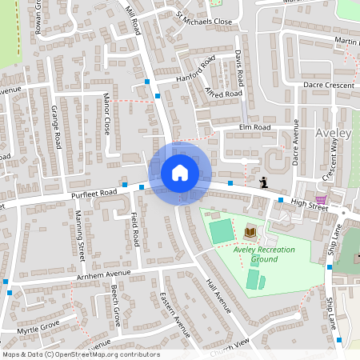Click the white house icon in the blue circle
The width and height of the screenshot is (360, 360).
[179, 173]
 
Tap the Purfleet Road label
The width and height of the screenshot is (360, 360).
[94, 193]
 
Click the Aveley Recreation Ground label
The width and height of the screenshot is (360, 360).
[264, 254]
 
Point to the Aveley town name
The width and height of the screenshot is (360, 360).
[334, 133]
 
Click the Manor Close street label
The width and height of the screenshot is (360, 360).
[106, 114]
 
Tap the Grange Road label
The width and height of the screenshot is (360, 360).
[57, 126]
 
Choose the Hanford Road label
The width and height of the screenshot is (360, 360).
[196, 70]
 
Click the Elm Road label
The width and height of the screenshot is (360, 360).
[254, 127]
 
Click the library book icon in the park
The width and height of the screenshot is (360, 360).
[250, 232]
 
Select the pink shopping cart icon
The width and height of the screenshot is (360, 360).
[321, 199]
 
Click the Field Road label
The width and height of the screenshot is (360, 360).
[135, 228]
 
